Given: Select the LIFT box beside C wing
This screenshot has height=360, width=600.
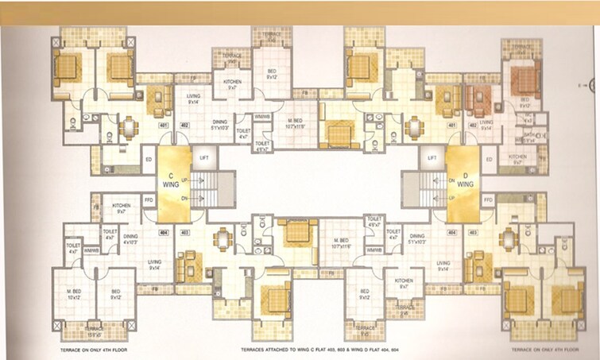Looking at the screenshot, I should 203,158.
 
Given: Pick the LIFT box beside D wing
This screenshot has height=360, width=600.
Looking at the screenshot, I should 432,158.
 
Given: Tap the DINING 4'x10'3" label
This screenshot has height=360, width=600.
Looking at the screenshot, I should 130,238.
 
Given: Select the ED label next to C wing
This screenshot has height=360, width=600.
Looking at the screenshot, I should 148,159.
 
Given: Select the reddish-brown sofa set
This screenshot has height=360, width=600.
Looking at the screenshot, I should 479,101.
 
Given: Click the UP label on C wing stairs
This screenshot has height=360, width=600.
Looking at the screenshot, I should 185,180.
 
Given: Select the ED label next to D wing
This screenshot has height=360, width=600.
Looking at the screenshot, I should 488,160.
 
